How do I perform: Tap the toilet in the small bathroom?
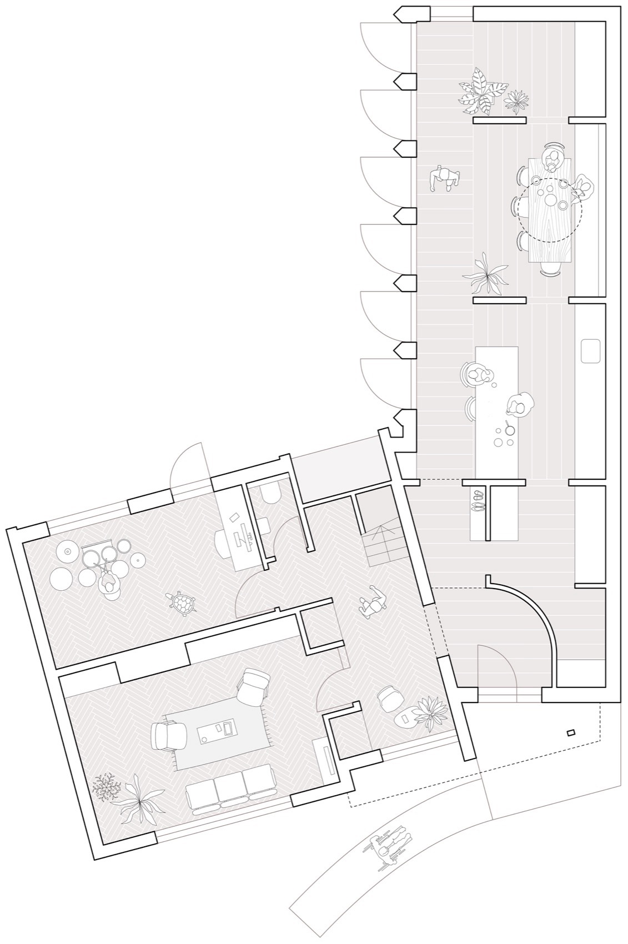(272, 493)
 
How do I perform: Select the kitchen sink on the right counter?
(590, 352)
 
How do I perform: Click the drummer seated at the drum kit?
(108, 584)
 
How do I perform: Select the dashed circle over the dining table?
(550, 210)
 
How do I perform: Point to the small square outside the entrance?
(571, 733)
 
